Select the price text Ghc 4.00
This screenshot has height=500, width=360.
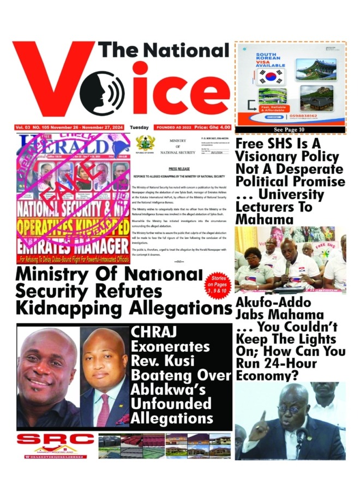(217, 127)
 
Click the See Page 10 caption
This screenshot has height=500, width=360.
(290, 130)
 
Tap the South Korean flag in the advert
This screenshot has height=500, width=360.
(269, 75)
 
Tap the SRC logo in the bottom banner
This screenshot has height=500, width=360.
(55, 439)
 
